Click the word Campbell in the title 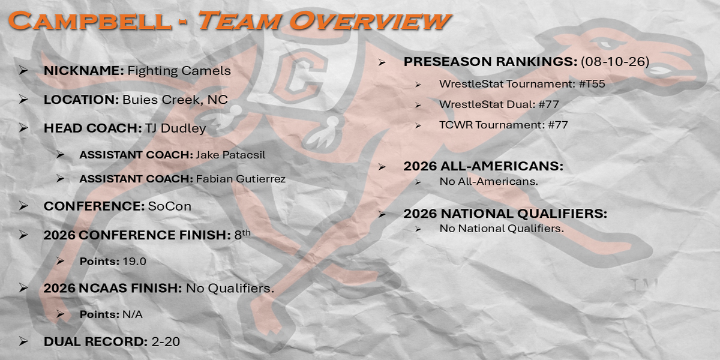pos(90,21)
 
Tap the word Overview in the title pos(370,21)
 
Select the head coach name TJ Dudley pos(175,128)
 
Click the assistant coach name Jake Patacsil pos(230,155)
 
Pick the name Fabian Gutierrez pos(241,179)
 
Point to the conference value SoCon pos(169,206)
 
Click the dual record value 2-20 pos(166,341)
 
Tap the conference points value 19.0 pos(134,262)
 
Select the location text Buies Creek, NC pos(175,100)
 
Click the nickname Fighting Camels pos(179,71)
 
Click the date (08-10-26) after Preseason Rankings pos(615,61)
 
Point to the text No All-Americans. pos(488,182)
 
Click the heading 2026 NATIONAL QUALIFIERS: pos(505,214)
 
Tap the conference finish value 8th pos(242,235)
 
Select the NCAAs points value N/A pos(133,314)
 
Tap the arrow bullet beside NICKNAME pos(23,70)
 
